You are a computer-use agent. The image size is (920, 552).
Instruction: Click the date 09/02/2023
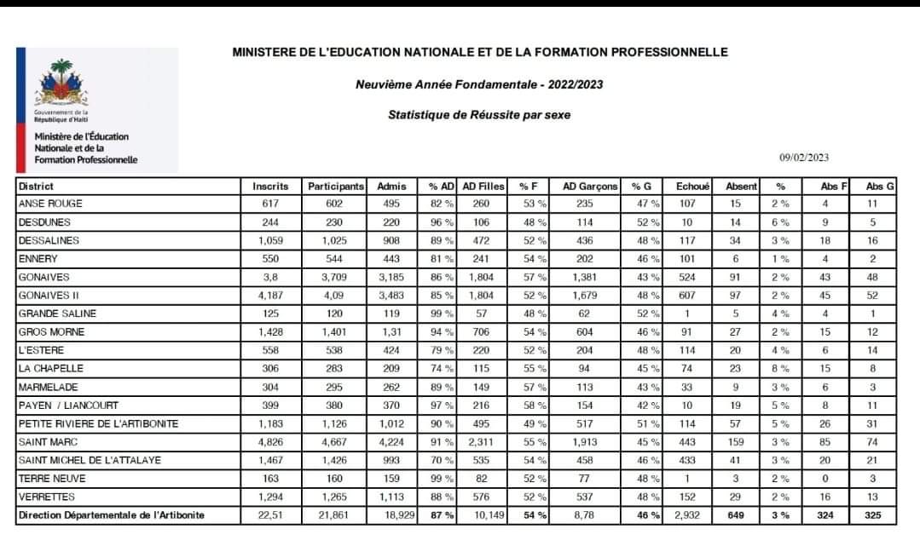click(804, 158)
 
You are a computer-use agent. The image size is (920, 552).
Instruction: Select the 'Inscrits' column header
click(271, 186)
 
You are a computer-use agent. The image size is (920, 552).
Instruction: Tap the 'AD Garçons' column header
click(590, 186)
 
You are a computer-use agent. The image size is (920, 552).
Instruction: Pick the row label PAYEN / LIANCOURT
click(68, 405)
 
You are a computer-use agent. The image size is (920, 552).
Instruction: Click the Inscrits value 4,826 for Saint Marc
click(271, 442)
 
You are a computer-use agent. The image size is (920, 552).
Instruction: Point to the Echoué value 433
click(686, 460)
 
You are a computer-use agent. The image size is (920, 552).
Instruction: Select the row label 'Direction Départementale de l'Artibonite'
click(112, 515)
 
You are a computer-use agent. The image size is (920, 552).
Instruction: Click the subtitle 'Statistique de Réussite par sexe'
click(479, 114)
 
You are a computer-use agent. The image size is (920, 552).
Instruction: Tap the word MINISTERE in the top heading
click(267, 52)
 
